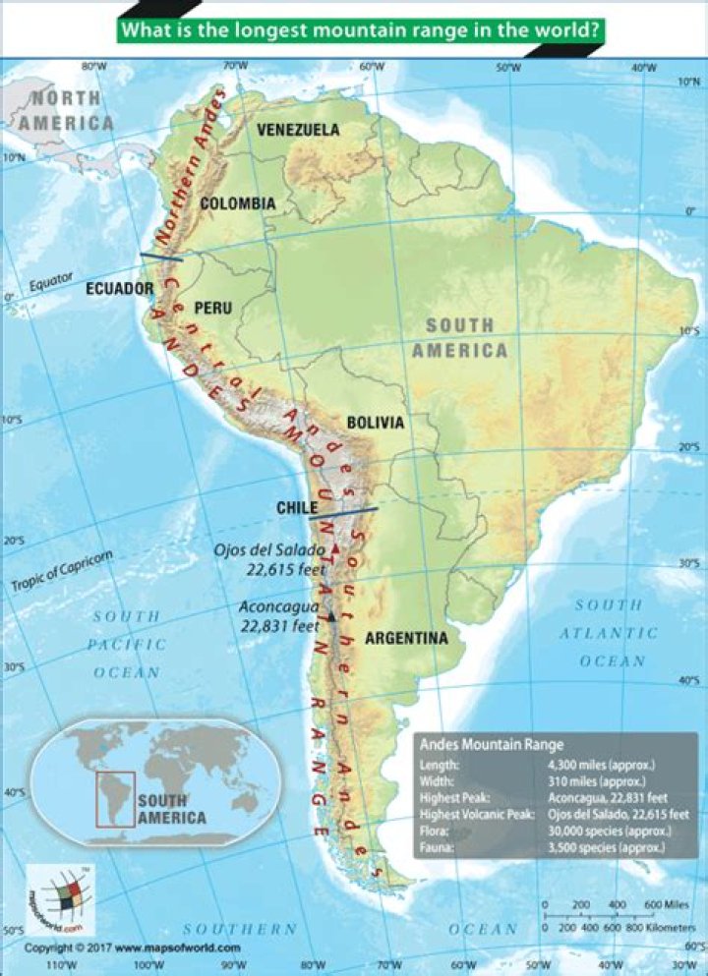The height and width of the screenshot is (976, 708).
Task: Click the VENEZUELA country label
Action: click(x=298, y=130)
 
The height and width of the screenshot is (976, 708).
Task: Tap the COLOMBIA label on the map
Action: click(x=237, y=203)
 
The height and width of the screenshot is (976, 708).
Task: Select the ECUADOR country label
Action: click(x=119, y=289)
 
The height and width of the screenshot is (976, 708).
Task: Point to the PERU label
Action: click(x=213, y=308)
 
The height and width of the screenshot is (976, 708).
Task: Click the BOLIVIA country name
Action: click(x=375, y=423)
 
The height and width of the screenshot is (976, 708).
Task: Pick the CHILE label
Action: click(x=295, y=508)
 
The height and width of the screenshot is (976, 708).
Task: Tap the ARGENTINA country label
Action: click(x=406, y=639)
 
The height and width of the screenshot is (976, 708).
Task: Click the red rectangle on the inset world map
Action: click(x=115, y=797)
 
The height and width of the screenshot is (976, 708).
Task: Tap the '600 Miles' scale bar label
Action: click(x=667, y=904)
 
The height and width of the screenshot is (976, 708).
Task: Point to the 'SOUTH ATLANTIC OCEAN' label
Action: click(x=612, y=634)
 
